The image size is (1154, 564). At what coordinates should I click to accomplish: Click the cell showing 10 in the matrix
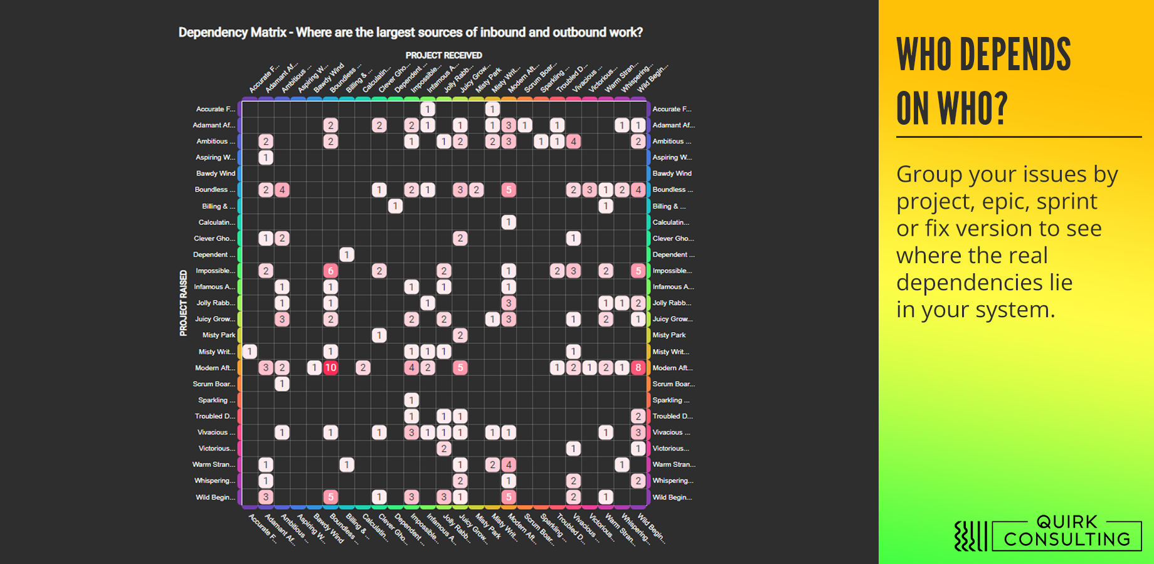pyautogui.click(x=331, y=368)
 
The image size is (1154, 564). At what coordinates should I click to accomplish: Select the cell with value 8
pyautogui.click(x=638, y=368)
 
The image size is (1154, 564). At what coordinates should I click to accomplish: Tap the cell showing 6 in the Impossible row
pyautogui.click(x=331, y=271)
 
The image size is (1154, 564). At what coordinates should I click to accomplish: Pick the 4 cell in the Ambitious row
pyautogui.click(x=573, y=142)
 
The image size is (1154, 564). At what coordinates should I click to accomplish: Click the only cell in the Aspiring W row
pyautogui.click(x=266, y=157)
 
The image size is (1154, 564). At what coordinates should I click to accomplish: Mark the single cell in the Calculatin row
pyautogui.click(x=509, y=222)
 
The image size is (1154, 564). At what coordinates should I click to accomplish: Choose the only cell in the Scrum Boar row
pyautogui.click(x=282, y=384)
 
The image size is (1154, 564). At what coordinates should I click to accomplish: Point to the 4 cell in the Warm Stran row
pyautogui.click(x=509, y=464)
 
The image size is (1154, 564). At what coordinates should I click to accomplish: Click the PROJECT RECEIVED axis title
pyautogui.click(x=443, y=55)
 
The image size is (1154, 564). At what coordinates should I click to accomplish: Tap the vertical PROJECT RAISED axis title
pyautogui.click(x=183, y=303)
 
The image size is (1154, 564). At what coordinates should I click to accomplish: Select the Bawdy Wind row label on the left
pyautogui.click(x=215, y=174)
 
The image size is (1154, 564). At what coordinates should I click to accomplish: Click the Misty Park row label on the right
pyautogui.click(x=669, y=335)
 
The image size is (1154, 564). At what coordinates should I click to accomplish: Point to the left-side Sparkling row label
pyautogui.click(x=216, y=400)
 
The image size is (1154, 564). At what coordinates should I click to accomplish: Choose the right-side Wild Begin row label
pyautogui.click(x=672, y=497)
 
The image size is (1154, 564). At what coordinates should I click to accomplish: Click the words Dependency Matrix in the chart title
pyautogui.click(x=232, y=33)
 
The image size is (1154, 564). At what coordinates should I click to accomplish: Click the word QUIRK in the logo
pyautogui.click(x=1067, y=522)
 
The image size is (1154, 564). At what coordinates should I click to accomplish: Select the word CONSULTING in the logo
pyautogui.click(x=1067, y=540)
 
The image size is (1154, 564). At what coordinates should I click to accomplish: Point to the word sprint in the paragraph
pyautogui.click(x=1067, y=202)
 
